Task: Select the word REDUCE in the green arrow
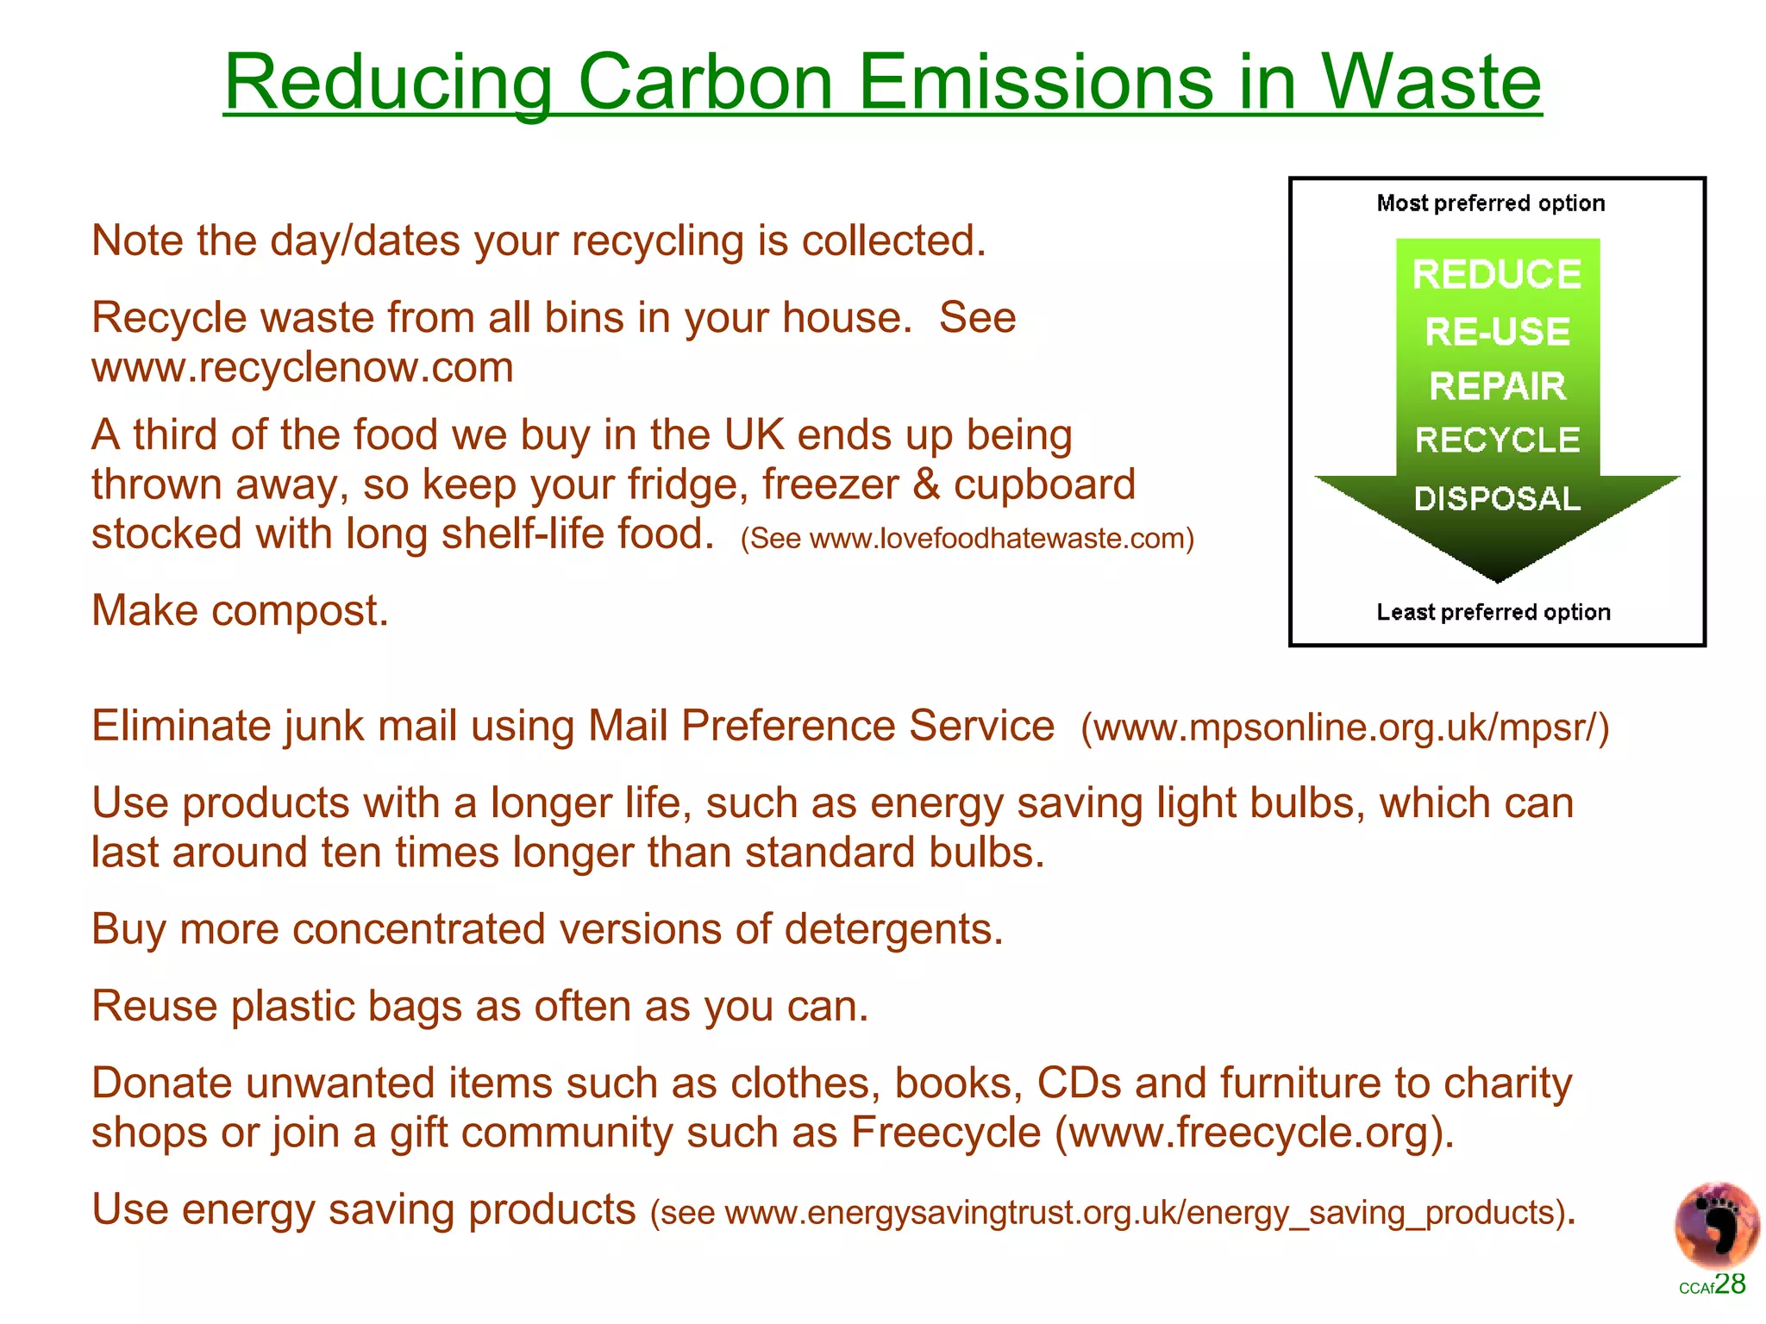[x=1497, y=275]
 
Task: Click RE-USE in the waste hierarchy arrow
[x=1497, y=332]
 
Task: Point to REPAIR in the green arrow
[x=1497, y=386]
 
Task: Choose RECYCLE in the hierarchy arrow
[x=1497, y=440]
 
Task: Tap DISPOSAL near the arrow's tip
[x=1497, y=498]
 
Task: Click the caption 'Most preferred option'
[x=1491, y=203]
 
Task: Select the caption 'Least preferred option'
[x=1494, y=612]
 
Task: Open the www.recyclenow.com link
[x=303, y=368]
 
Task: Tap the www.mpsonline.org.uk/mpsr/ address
[x=1346, y=728]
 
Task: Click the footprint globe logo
[x=1716, y=1225]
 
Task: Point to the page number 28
[x=1730, y=1284]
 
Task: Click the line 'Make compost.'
[x=240, y=610]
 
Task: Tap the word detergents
[x=893, y=929]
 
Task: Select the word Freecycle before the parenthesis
[x=946, y=1133]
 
